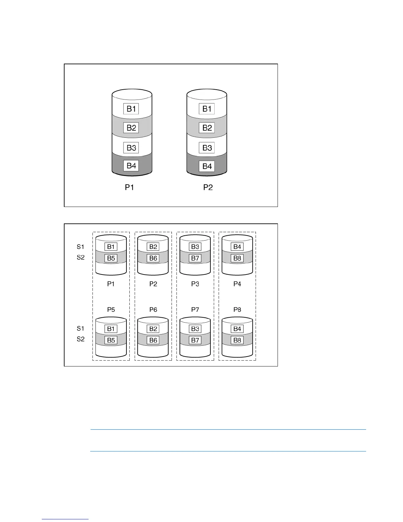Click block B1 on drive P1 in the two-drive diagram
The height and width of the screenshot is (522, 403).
click(131, 109)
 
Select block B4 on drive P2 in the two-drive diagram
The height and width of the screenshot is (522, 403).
click(207, 166)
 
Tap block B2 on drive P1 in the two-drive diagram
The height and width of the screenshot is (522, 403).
click(131, 128)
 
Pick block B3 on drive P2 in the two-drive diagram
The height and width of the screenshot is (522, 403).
click(207, 148)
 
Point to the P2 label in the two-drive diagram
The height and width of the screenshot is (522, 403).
click(208, 188)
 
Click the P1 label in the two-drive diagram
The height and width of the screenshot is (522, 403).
click(129, 188)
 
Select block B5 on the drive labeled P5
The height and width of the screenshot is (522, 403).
click(111, 340)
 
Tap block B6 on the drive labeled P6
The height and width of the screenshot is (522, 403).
click(153, 340)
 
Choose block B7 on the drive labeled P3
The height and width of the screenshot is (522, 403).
click(195, 258)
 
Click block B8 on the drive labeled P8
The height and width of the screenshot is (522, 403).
click(237, 340)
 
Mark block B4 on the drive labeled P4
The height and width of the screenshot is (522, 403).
click(237, 246)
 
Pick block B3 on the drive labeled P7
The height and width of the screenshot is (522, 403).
click(195, 329)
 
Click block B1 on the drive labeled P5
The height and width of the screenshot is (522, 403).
click(111, 329)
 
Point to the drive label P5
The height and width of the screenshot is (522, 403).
click(111, 309)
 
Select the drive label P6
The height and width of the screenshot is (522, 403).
click(153, 309)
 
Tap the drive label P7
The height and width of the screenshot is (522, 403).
click(195, 309)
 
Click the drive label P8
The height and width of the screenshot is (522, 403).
click(237, 309)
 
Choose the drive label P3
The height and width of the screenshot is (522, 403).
click(195, 284)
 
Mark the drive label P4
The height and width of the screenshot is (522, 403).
click(237, 284)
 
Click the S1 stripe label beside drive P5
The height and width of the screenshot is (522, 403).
click(81, 328)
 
